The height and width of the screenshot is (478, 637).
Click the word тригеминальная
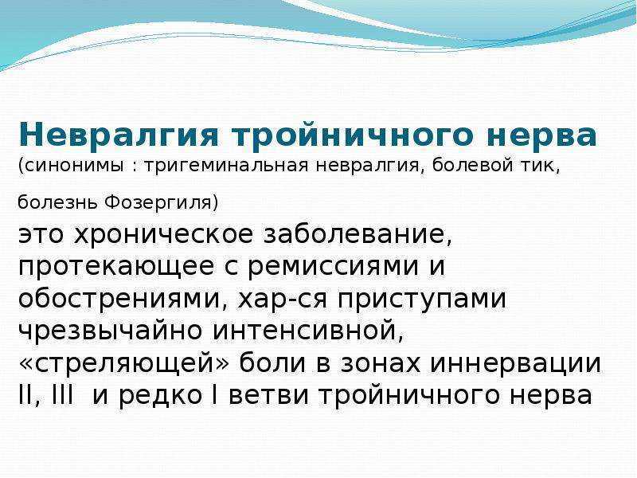click(x=226, y=167)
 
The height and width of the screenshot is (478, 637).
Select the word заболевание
click(x=354, y=235)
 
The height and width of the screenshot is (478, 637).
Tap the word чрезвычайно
click(x=111, y=331)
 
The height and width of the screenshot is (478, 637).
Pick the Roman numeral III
click(x=63, y=395)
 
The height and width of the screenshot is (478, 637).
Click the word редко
click(x=161, y=396)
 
